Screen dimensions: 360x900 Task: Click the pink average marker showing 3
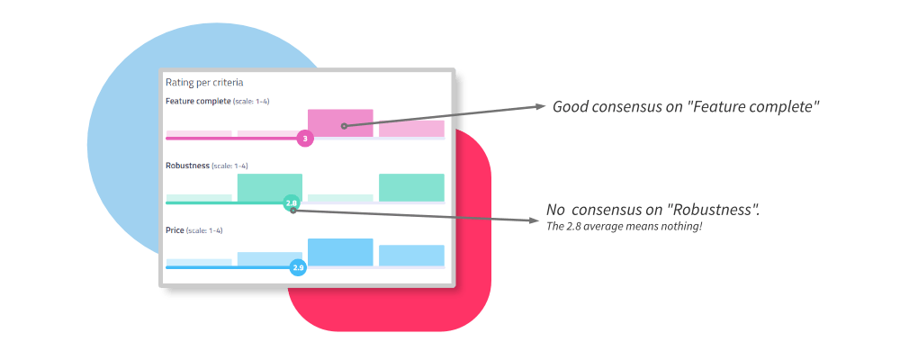[x=305, y=139]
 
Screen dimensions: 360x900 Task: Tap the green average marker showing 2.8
[x=291, y=203]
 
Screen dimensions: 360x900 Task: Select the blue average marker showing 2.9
[x=299, y=267]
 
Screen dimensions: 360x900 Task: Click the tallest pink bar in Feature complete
[x=340, y=123]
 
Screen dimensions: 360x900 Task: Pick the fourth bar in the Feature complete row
[x=411, y=130]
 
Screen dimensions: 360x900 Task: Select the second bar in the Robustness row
[x=270, y=187]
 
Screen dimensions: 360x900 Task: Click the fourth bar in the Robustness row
[x=411, y=187]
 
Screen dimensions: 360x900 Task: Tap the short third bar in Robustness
[x=340, y=198]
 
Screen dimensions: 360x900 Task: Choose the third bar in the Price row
[x=340, y=252]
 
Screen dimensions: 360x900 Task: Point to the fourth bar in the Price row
[x=411, y=256]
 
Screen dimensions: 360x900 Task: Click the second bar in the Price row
[x=270, y=259]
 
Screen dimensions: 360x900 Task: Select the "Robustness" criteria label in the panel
[x=187, y=166]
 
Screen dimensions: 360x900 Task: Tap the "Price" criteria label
[x=175, y=230]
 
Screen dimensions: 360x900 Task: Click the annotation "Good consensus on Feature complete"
[x=685, y=107]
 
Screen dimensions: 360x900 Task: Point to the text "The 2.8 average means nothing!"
[x=624, y=225]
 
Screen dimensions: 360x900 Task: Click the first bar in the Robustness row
[x=199, y=198]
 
